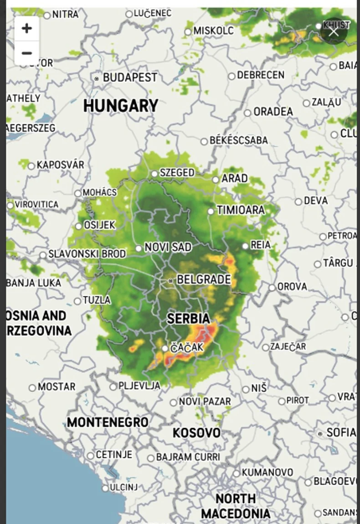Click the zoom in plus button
click(26, 28)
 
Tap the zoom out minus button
click(26, 53)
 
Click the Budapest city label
click(129, 78)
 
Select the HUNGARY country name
click(121, 106)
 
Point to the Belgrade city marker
click(170, 281)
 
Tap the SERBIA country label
click(188, 319)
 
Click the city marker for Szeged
click(154, 174)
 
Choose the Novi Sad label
click(168, 247)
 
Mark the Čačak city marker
click(165, 349)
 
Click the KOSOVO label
click(196, 432)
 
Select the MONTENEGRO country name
click(108, 422)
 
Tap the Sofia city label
click(341, 432)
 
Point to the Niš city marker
click(246, 390)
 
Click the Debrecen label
click(260, 75)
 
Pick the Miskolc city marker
click(188, 31)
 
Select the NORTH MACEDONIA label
click(235, 506)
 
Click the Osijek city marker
click(78, 226)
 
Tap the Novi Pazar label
click(205, 402)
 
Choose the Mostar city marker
click(32, 388)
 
